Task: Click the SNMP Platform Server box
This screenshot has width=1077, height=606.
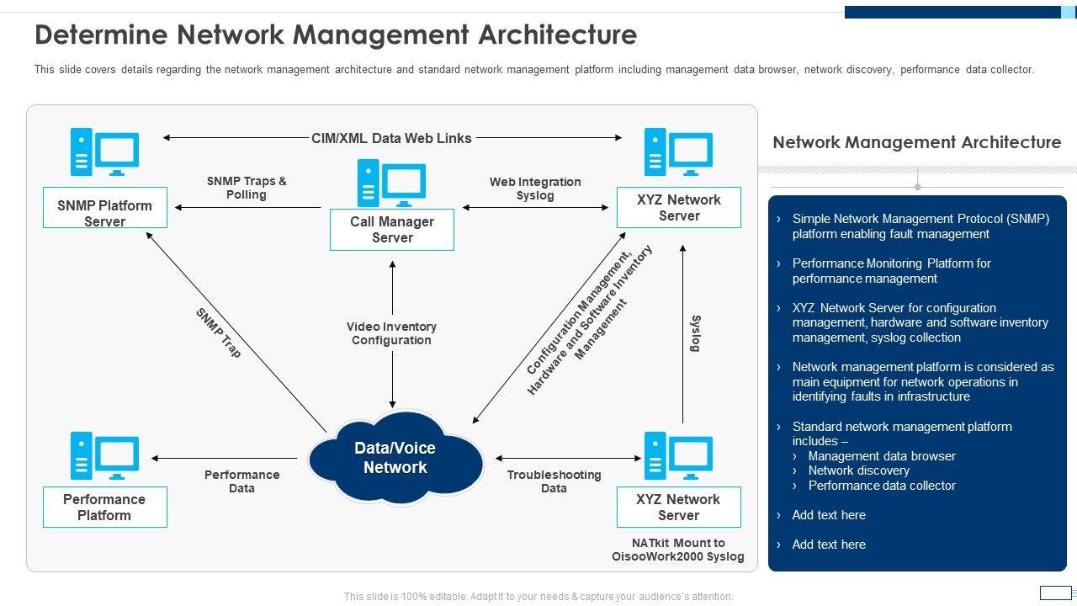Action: tap(105, 208)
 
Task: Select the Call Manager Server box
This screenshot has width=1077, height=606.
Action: tap(392, 230)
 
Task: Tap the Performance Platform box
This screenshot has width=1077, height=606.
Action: tap(105, 508)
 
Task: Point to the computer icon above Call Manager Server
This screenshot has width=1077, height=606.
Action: tap(392, 183)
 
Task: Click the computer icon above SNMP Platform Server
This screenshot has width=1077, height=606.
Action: tap(105, 152)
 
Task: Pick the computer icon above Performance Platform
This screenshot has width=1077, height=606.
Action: tap(105, 456)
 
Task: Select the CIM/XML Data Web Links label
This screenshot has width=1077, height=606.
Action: tap(392, 138)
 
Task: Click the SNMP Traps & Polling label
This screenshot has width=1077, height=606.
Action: tap(247, 188)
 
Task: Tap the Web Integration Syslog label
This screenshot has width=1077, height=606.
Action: tap(535, 189)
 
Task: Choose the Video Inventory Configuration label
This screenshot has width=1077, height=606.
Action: tap(392, 333)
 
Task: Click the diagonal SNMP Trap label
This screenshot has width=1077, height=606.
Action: tap(219, 333)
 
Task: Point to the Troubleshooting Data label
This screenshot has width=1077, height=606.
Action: tap(554, 481)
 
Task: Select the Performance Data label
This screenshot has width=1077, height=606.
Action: tap(242, 481)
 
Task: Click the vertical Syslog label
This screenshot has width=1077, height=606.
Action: tap(696, 333)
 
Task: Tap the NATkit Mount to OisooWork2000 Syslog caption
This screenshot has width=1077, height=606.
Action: tap(678, 550)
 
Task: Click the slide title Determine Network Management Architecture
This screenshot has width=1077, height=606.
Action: tap(336, 35)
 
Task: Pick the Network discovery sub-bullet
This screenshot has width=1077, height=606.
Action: tap(858, 470)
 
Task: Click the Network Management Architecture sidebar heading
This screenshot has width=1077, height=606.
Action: tap(916, 142)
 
